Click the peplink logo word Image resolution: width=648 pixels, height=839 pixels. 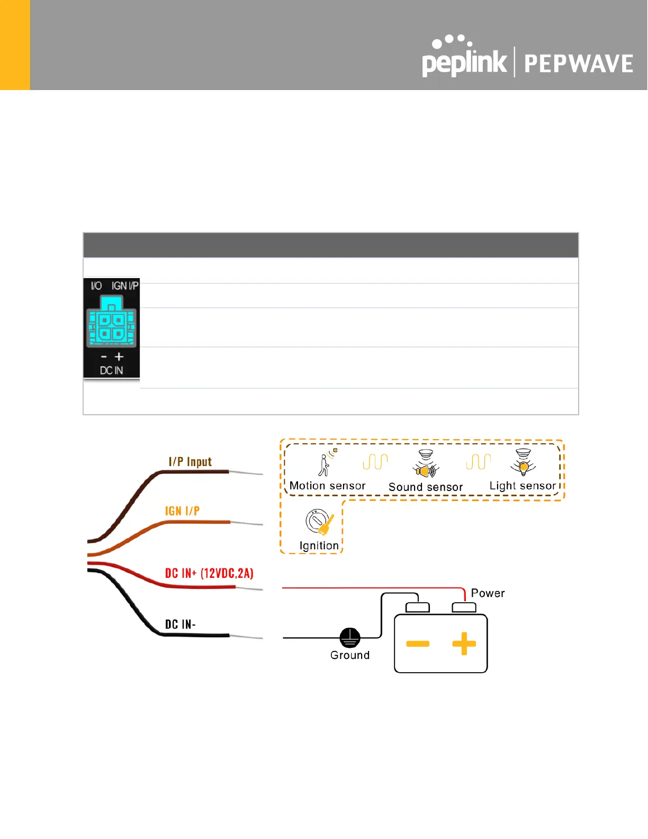tap(464, 63)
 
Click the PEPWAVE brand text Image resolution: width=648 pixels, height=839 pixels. tap(578, 64)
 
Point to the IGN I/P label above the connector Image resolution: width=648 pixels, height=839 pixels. tap(125, 286)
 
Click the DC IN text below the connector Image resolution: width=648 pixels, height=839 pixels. tap(111, 371)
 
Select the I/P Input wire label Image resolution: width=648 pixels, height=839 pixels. tap(190, 462)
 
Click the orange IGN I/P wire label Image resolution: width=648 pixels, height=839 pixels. tap(182, 511)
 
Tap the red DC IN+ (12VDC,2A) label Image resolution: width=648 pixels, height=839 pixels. tap(209, 573)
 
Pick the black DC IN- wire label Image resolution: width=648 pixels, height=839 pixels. tap(180, 624)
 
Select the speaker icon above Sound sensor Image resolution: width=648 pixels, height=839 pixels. tap(426, 466)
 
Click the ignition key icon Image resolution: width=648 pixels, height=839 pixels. tap(320, 523)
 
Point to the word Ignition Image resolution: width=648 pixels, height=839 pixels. tap(319, 546)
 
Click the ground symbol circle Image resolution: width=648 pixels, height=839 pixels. tap(349, 638)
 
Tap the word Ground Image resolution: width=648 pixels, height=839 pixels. tap(349, 655)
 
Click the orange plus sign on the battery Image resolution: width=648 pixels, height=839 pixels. tap(464, 644)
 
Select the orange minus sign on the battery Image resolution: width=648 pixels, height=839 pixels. tap(418, 644)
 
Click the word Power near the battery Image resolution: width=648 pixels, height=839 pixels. tap(488, 593)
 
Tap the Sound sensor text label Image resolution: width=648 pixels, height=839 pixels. tap(426, 487)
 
